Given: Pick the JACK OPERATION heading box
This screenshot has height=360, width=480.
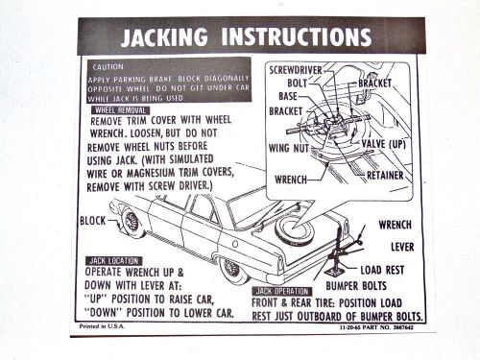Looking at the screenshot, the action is tap(282, 289).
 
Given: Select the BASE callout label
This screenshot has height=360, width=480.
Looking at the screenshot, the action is tap(288, 96).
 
